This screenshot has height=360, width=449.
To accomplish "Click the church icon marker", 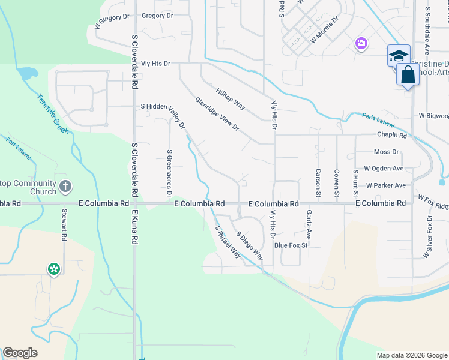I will (66, 186).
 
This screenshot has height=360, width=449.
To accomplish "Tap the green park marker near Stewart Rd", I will (54, 269).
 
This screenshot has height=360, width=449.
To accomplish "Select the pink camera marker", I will (361, 43).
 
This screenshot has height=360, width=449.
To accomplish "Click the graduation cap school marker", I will (398, 56).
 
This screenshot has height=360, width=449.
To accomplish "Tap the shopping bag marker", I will (408, 76).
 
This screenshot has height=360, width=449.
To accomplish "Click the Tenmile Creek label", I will (52, 114).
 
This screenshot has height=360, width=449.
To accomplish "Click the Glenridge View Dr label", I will (217, 115).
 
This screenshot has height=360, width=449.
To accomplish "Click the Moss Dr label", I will (386, 152).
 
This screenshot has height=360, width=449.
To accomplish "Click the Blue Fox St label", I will (291, 245).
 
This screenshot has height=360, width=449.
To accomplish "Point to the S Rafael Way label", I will (228, 242).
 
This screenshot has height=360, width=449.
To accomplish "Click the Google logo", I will (20, 353).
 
